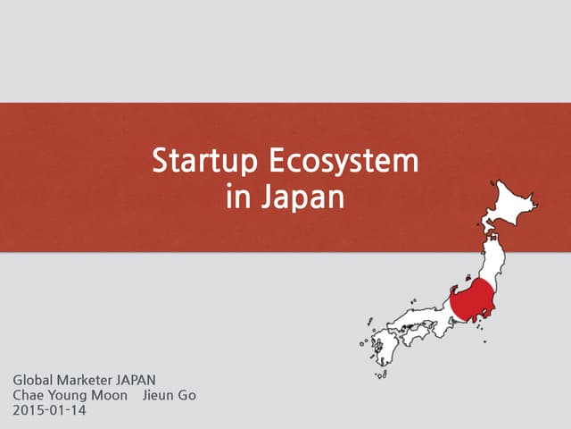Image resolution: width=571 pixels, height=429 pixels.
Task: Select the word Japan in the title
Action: click(302, 197)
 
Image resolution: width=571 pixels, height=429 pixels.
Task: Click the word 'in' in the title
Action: click(238, 197)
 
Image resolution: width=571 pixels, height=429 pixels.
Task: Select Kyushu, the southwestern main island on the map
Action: click(379, 344)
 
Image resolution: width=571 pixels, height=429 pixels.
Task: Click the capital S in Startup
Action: click(161, 163)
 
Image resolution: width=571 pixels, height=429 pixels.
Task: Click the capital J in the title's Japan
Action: click(267, 197)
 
